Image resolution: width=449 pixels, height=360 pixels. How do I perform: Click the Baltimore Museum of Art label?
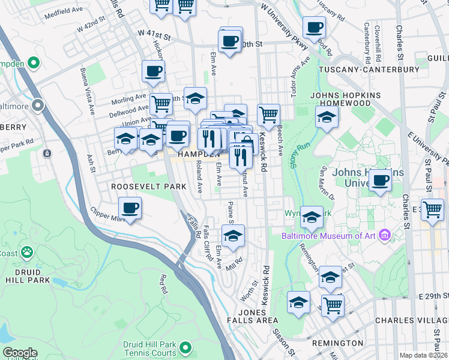tap(329, 235)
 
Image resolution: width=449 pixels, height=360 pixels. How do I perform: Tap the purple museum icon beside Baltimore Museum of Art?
tap(384, 235)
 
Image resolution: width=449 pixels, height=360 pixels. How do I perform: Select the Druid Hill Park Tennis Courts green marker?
tap(185, 347)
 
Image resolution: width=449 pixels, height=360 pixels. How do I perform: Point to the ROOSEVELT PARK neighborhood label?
tap(140, 187)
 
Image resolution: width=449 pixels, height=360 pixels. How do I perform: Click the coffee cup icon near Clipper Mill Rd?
tap(130, 209)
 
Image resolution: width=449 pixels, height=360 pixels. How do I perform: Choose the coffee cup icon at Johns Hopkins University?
tap(379, 179)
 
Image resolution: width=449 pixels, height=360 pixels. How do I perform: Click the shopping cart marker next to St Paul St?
tap(432, 210)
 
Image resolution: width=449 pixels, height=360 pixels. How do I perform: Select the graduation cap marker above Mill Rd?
tap(233, 235)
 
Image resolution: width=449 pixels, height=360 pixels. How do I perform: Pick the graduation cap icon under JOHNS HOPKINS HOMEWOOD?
tap(326, 118)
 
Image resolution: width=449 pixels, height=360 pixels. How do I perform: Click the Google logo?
tap(20, 353)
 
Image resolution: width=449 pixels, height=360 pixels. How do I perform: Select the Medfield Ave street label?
tap(63, 11)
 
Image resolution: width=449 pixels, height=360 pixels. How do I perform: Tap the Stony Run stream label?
tap(294, 154)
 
